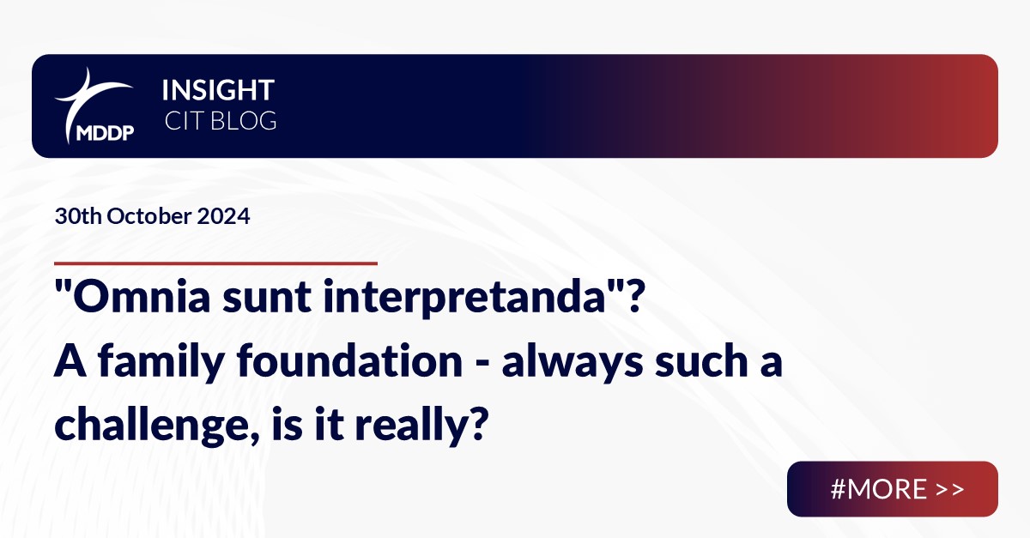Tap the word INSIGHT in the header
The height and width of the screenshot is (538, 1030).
click(218, 90)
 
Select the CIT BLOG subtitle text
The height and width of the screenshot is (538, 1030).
click(220, 121)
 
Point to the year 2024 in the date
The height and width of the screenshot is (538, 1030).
click(226, 217)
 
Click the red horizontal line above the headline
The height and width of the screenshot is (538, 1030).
click(215, 263)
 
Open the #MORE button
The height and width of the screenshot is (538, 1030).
click(892, 489)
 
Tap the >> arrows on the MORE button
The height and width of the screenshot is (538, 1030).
click(950, 489)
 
